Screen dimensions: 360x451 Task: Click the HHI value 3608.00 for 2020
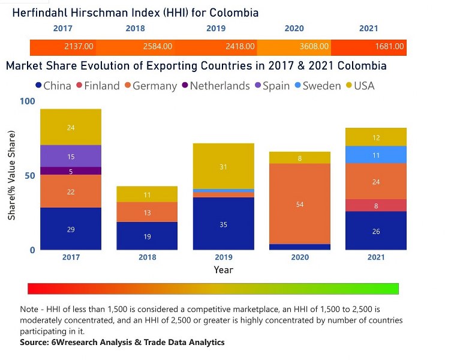(314, 46)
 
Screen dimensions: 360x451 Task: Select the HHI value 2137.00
(79, 46)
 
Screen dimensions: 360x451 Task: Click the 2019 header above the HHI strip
(216, 28)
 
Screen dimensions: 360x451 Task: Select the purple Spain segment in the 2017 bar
(71, 156)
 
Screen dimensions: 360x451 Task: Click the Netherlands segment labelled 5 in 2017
(71, 171)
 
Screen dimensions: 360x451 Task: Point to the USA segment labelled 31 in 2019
(223, 166)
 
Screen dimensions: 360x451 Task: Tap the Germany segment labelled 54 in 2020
(300, 204)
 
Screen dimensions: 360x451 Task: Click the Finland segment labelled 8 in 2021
(376, 205)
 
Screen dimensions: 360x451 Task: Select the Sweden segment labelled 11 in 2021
(376, 155)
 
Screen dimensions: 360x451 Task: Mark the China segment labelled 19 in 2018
(147, 236)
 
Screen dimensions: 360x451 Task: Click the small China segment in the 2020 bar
(300, 247)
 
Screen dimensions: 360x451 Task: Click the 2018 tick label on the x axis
(147, 257)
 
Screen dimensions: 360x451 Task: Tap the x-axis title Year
(223, 270)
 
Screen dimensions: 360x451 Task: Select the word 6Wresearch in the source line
(79, 342)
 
